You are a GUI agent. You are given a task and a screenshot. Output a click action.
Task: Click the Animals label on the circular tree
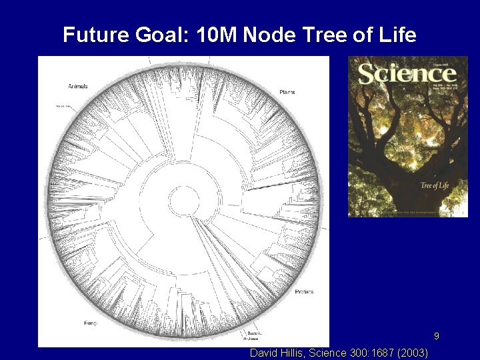click(77, 86)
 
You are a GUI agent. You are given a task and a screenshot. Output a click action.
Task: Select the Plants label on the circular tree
click(287, 91)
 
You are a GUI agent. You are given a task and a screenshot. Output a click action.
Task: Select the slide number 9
click(437, 336)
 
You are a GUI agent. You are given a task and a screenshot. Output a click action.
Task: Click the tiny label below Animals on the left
click(63, 106)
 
